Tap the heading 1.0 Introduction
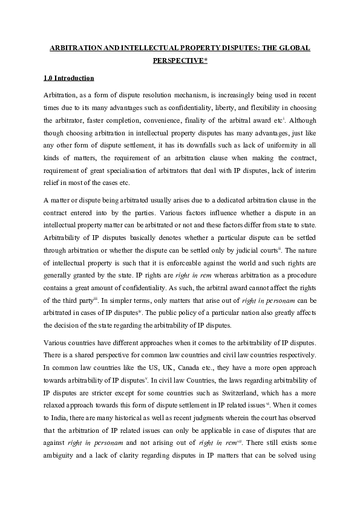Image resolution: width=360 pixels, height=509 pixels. click(69, 78)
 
